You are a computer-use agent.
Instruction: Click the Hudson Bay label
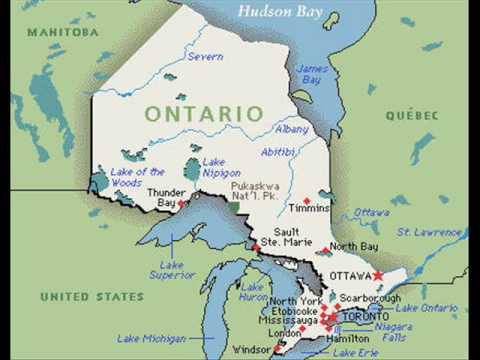(282, 12)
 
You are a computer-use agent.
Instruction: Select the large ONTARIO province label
(195, 114)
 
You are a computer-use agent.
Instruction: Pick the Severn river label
(205, 57)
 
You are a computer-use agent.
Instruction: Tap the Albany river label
(291, 130)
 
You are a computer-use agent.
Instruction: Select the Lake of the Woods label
(139, 177)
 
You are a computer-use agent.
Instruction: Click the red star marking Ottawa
(378, 274)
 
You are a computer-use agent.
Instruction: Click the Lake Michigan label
(151, 339)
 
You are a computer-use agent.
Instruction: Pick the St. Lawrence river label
(430, 231)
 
